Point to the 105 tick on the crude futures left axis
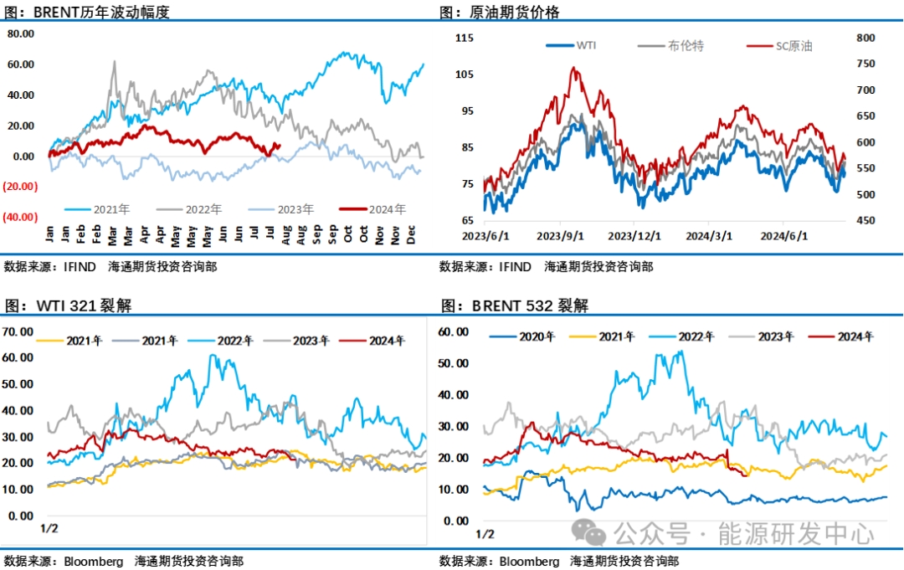(x=465, y=74)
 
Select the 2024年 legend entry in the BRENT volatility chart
(x=387, y=209)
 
